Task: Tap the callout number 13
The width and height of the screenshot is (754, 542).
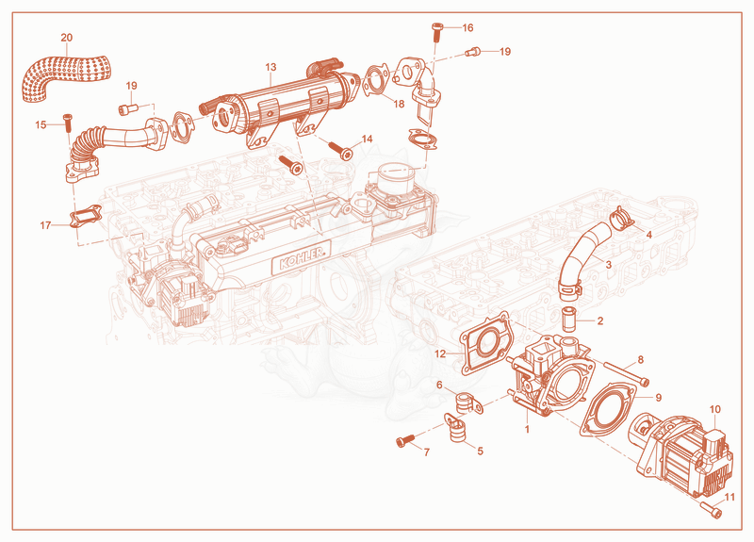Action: pos(270,67)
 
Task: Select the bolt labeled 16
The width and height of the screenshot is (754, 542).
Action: pos(436,32)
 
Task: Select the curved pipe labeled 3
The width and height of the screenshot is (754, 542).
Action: pos(582,257)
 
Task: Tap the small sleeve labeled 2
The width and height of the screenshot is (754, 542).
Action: pos(569,318)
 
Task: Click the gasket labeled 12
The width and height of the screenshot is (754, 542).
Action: pos(484,343)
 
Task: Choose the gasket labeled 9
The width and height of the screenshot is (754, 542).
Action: pos(607,409)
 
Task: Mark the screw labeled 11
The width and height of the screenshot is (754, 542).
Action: pos(712,509)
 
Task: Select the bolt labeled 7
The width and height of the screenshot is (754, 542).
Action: pos(405,440)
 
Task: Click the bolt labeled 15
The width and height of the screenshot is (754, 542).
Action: pos(67,123)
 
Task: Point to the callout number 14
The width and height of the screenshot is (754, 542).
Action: pos(367,139)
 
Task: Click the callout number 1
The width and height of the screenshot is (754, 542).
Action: pos(527,429)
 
